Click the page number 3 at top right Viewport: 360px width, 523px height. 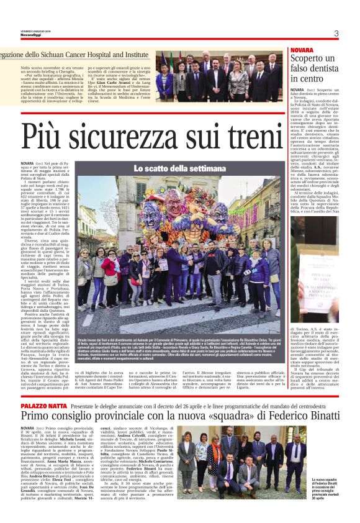tap(335, 34)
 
